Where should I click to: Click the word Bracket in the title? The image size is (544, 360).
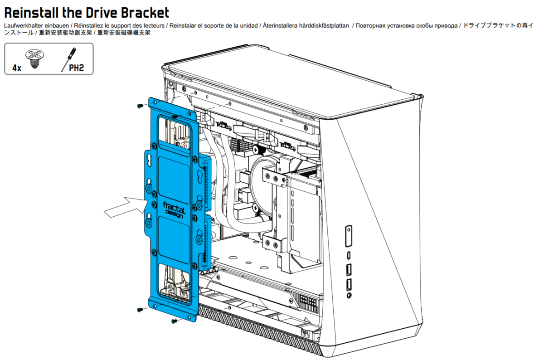[145, 13]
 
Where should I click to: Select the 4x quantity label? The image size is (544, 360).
[17, 68]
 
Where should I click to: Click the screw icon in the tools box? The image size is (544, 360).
[34, 59]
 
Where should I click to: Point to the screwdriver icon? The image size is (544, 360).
[68, 59]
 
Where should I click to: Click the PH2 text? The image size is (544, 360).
[76, 68]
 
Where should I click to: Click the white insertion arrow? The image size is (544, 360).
[126, 207]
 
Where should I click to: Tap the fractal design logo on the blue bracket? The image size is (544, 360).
[174, 209]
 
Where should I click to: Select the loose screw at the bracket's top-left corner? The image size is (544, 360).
[140, 106]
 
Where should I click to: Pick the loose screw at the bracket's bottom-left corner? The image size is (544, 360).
[140, 310]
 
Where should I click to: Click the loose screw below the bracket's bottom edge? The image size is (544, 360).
[174, 321]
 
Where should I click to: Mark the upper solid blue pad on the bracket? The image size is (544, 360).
[174, 180]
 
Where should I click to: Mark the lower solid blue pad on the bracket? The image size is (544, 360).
[174, 240]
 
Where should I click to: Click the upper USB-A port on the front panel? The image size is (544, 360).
[349, 270]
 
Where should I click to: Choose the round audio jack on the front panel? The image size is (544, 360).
[349, 295]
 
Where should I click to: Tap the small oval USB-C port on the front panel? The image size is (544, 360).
[349, 255]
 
